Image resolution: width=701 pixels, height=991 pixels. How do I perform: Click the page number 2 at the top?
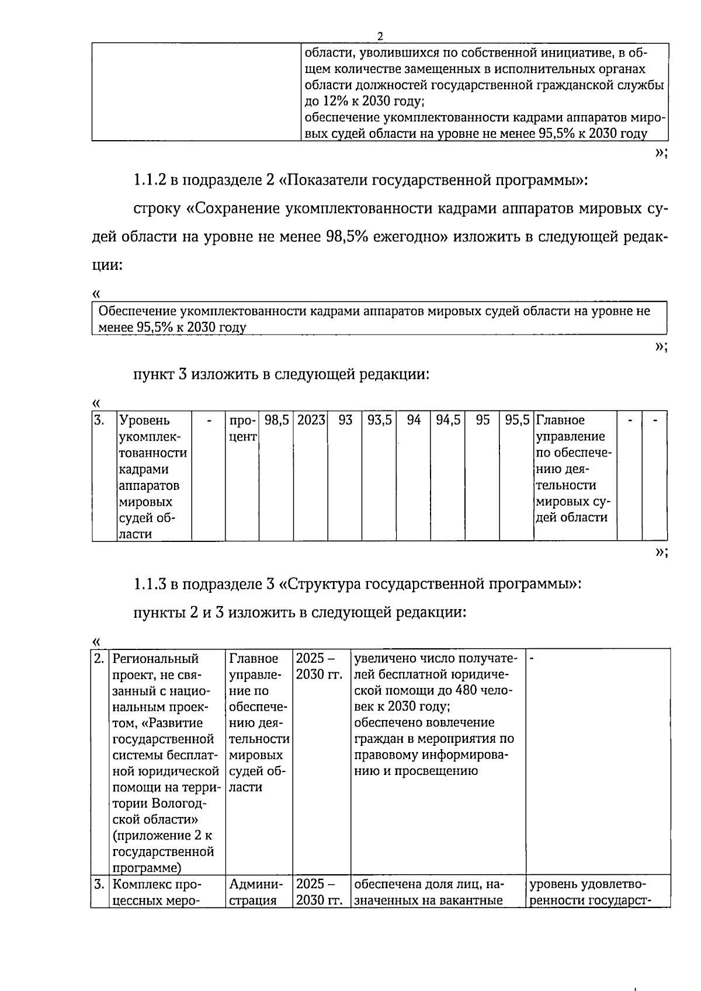380,37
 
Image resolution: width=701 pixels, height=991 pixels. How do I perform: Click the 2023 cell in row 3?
311,420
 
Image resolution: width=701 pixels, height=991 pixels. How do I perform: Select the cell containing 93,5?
380,420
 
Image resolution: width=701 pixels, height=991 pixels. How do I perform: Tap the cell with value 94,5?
448,420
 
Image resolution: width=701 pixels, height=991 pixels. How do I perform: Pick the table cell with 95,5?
517,420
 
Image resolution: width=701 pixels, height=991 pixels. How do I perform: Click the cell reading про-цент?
242,429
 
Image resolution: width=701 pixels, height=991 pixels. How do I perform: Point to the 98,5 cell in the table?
276,420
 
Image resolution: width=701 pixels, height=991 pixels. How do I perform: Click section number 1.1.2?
150,180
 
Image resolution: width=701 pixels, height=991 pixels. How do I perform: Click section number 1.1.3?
150,583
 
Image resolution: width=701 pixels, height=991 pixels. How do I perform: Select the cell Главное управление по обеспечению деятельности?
574,469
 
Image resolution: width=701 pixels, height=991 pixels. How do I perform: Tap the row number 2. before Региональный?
99,659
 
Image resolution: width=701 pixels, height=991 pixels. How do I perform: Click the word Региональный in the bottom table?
155,659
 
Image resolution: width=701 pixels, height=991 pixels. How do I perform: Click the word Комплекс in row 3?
140,884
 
